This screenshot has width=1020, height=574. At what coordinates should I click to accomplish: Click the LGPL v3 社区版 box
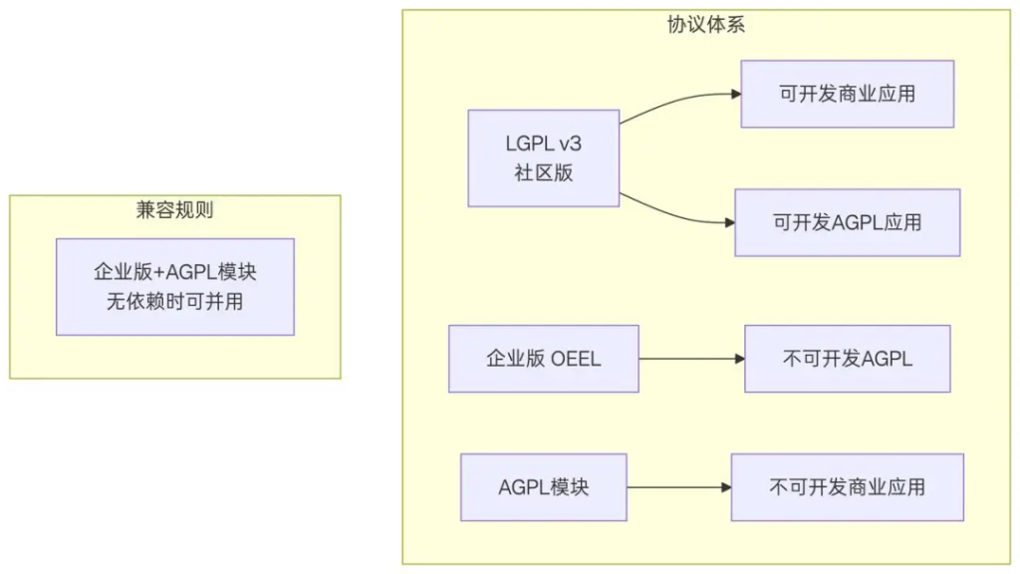click(544, 157)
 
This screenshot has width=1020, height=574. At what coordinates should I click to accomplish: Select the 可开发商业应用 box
click(847, 94)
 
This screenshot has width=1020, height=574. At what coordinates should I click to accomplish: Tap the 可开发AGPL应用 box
click(847, 222)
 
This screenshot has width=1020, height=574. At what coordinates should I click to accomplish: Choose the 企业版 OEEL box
click(543, 359)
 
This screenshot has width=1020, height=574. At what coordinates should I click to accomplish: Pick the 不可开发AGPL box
click(847, 359)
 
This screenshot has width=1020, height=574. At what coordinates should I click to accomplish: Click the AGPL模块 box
click(543, 487)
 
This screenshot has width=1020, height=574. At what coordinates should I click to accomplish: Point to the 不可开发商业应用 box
click(847, 487)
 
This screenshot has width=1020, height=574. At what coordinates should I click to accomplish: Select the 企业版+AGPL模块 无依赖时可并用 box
click(175, 286)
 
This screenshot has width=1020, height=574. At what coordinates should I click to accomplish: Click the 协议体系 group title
click(706, 26)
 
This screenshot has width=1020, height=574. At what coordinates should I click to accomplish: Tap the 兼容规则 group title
click(174, 210)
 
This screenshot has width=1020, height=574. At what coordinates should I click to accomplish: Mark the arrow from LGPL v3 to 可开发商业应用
click(677, 101)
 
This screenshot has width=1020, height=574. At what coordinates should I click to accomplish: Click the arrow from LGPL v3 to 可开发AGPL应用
click(677, 213)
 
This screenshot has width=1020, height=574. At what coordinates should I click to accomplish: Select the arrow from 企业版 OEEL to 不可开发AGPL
click(691, 359)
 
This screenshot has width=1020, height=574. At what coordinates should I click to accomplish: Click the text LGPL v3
click(544, 143)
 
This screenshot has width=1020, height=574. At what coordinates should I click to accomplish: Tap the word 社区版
click(544, 171)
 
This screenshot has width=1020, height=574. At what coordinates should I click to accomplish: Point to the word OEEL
click(576, 359)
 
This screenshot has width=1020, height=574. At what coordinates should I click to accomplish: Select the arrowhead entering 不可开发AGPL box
click(738, 359)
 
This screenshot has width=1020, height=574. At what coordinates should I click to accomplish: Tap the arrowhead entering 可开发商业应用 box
click(735, 95)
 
